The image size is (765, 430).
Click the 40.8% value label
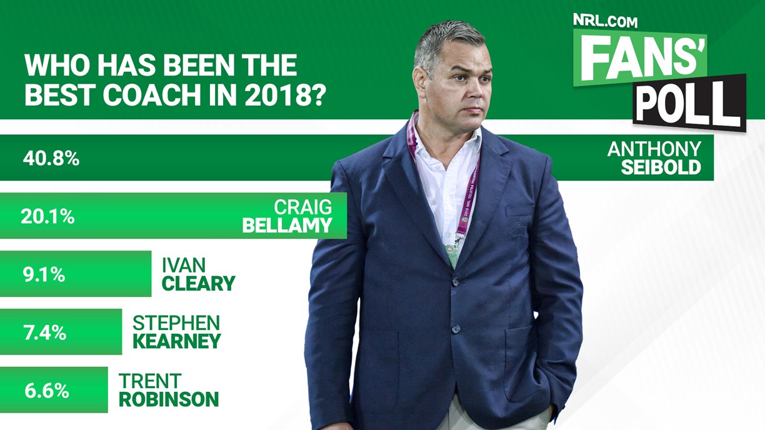click(x=51, y=159)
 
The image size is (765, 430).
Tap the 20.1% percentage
click(x=47, y=216)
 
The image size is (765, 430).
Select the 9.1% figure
click(x=44, y=274)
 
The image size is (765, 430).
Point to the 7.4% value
click(x=45, y=332)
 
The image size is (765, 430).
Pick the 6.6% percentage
click(x=47, y=391)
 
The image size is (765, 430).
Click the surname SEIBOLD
click(x=661, y=167)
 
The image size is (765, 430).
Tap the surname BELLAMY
click(x=287, y=226)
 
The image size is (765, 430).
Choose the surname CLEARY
click(x=198, y=283)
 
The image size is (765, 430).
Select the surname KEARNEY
click(x=177, y=341)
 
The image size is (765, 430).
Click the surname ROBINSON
click(x=169, y=399)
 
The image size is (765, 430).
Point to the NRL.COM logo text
click(x=605, y=21)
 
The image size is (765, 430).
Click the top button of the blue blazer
click(x=456, y=281)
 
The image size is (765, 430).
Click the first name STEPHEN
click(x=176, y=323)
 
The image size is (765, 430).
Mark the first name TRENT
click(x=150, y=381)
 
